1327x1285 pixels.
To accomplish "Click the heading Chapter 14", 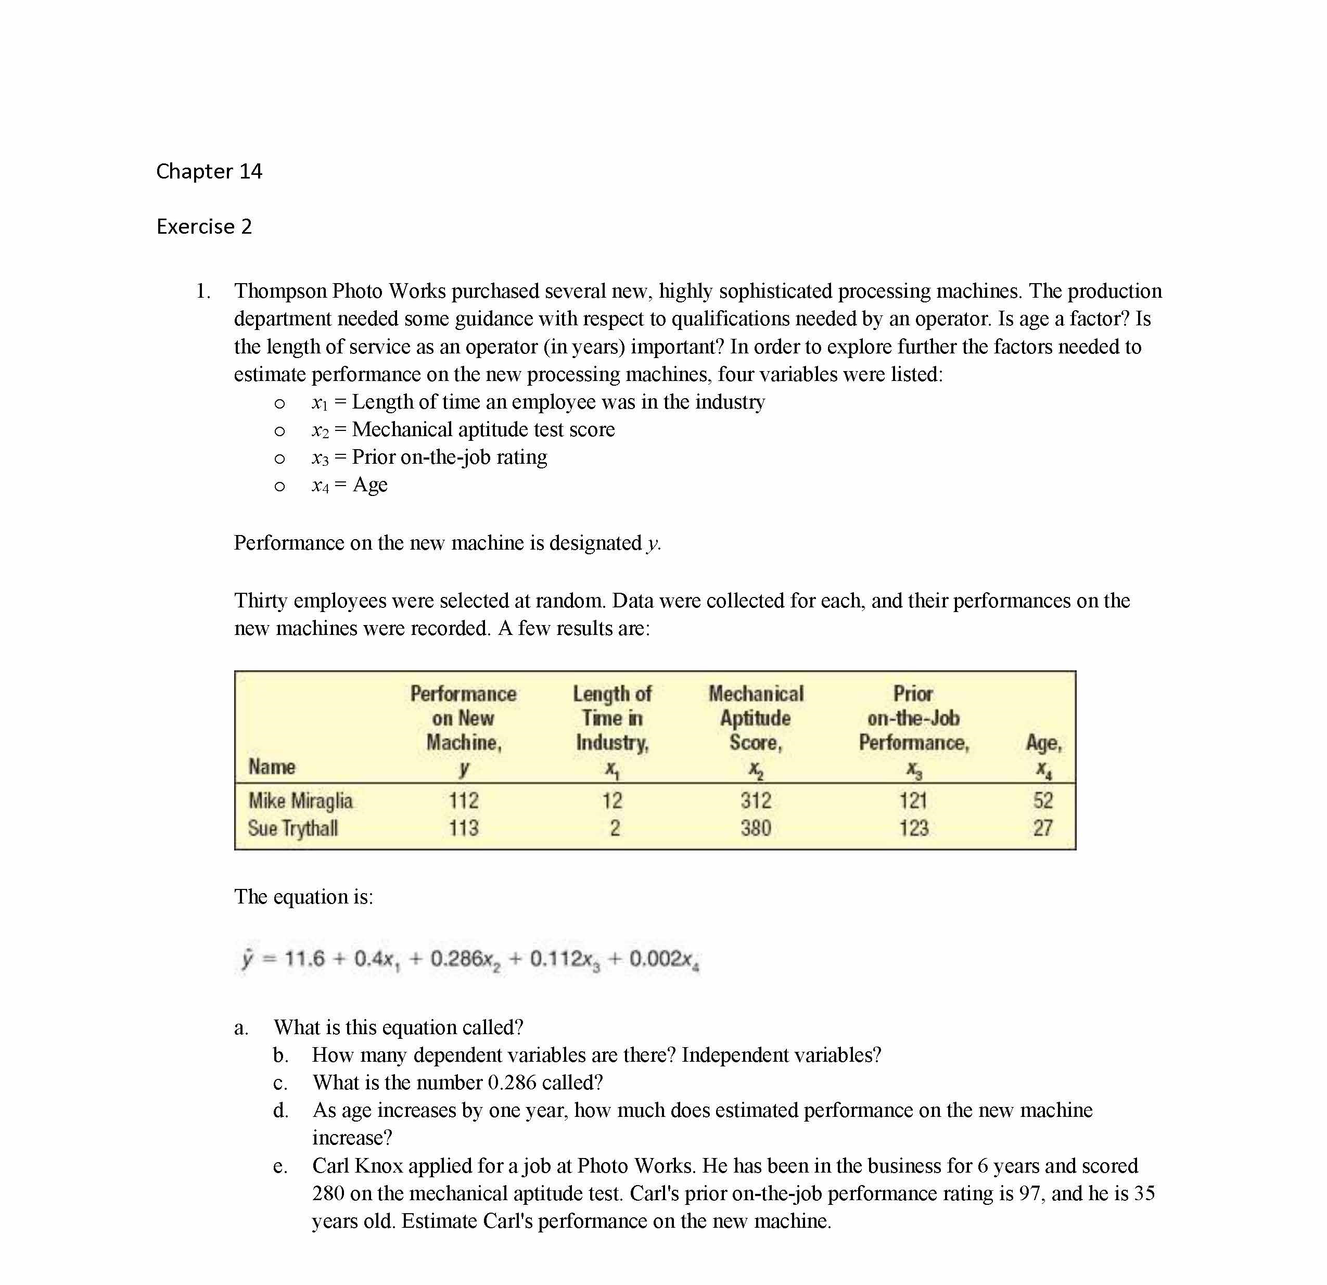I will coord(209,171).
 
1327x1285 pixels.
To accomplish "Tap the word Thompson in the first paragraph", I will coord(281,291).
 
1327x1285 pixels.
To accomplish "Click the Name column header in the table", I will coord(272,767).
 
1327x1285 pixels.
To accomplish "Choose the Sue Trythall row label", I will coord(292,828).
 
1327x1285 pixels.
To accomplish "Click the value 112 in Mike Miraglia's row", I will coord(463,800).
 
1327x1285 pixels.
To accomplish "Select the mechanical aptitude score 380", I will coord(756,828).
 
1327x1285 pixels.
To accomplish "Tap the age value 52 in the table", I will coord(1043,800).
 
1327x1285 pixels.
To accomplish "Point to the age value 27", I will coord(1043,828).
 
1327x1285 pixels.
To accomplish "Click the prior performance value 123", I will coord(913,828).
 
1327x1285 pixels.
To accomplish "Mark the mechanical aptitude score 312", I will coord(756,800).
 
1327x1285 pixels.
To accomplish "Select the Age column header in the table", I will coord(1043,743).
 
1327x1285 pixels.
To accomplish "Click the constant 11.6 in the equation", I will coord(304,959).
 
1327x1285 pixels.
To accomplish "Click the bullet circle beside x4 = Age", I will coord(279,486).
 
